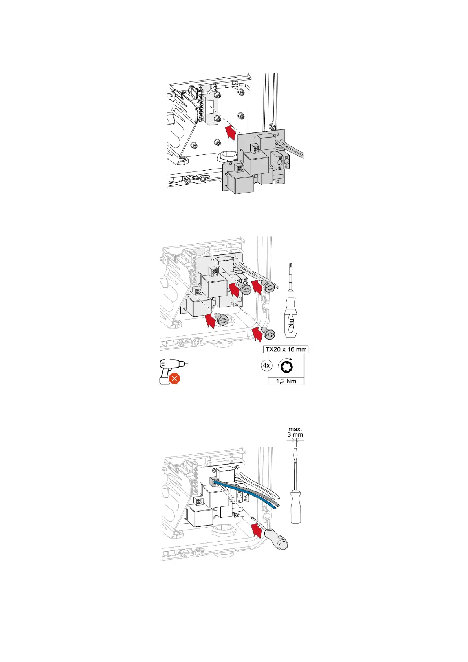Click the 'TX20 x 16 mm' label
pos(286,349)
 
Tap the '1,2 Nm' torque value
pos(286,381)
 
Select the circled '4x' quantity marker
pos(266,366)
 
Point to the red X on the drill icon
pos(174,379)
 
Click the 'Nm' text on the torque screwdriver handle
pos(291,323)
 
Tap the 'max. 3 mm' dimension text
pos(295,432)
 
